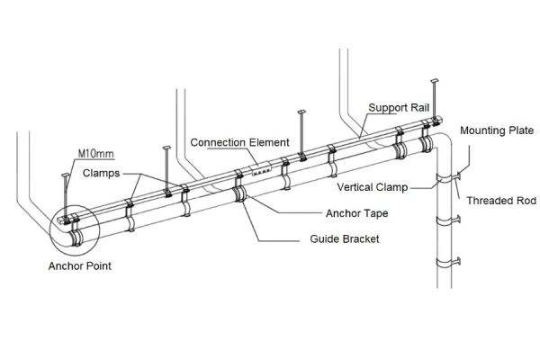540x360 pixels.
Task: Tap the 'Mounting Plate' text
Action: pyautogui.click(x=497, y=130)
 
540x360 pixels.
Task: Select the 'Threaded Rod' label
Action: pyautogui.click(x=500, y=200)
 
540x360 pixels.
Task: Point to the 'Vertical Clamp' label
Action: pyautogui.click(x=373, y=187)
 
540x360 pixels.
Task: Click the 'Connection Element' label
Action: pyautogui.click(x=239, y=142)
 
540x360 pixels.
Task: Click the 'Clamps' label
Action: pyautogui.click(x=101, y=173)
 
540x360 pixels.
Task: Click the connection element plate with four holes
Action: pyautogui.click(x=261, y=168)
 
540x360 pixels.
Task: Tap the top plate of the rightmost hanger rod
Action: pyautogui.click(x=435, y=82)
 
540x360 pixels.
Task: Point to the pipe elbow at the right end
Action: pyautogui.click(x=439, y=142)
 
